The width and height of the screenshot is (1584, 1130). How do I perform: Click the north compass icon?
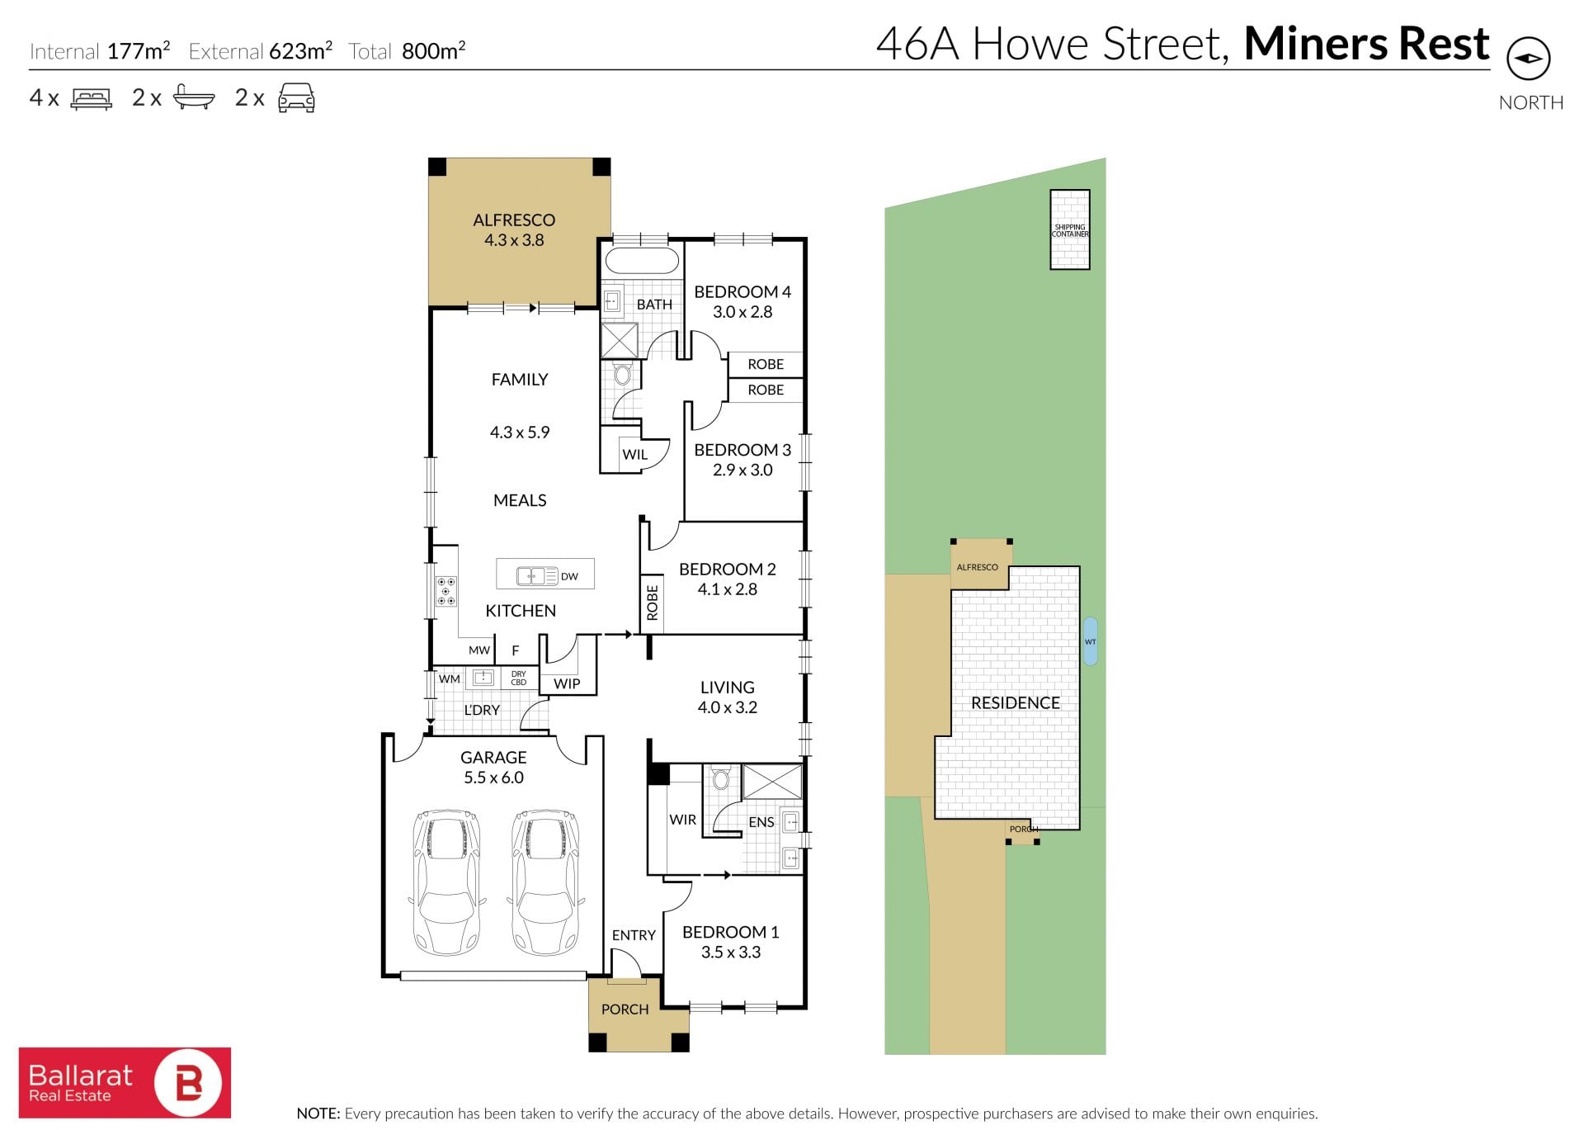(1528, 59)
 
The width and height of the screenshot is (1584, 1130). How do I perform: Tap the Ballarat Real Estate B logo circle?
(188, 1082)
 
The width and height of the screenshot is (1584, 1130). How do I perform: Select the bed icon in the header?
(92, 99)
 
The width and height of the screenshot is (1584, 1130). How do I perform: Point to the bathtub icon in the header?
(194, 98)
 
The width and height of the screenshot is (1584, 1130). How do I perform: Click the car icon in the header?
(296, 97)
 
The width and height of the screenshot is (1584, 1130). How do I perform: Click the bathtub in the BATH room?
(642, 261)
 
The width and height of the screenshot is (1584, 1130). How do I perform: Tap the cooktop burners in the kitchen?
(446, 592)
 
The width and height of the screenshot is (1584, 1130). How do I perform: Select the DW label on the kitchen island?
(569, 576)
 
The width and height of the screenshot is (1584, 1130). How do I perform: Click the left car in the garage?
(445, 881)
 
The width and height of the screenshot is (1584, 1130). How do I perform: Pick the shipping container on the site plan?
(1069, 229)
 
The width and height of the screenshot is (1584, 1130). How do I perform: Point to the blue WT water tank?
(1090, 641)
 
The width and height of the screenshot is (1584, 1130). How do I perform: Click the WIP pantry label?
(567, 683)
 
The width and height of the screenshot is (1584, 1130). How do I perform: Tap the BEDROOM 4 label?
(742, 291)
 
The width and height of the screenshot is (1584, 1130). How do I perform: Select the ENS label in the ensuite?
(761, 822)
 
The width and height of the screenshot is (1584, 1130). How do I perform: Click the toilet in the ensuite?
(721, 778)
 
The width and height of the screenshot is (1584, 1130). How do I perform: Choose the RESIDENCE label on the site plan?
(1015, 702)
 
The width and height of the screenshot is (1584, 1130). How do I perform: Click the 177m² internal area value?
(139, 50)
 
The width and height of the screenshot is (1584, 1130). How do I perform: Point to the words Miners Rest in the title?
(1366, 44)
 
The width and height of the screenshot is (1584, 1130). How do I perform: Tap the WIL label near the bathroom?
(634, 454)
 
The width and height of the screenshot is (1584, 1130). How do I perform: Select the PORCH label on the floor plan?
(625, 1009)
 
